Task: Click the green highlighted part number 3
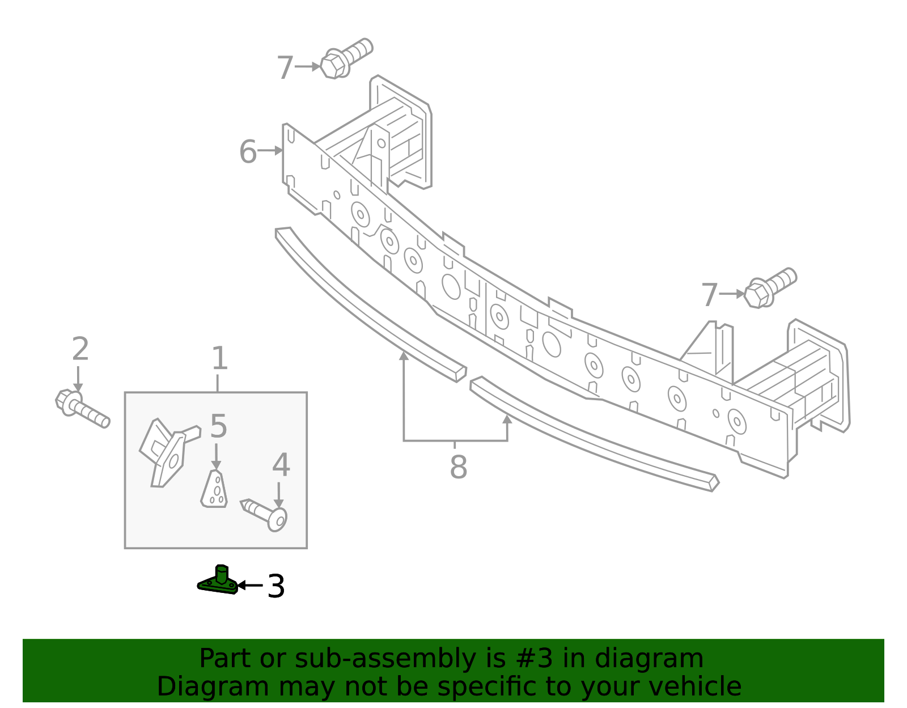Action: pyautogui.click(x=218, y=582)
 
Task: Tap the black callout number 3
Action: pyautogui.click(x=276, y=586)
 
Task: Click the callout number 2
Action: pyautogui.click(x=80, y=349)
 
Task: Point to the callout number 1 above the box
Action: pyautogui.click(x=219, y=359)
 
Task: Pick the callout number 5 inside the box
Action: pyautogui.click(x=218, y=426)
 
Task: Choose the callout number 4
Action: pyautogui.click(x=281, y=465)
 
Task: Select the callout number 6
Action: pyautogui.click(x=248, y=152)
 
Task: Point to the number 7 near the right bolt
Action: pyautogui.click(x=710, y=295)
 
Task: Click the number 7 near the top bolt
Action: pyautogui.click(x=285, y=68)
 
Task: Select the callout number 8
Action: pyautogui.click(x=458, y=468)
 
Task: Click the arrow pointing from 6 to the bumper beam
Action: pyautogui.click(x=270, y=151)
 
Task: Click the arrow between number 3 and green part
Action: pyautogui.click(x=250, y=585)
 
